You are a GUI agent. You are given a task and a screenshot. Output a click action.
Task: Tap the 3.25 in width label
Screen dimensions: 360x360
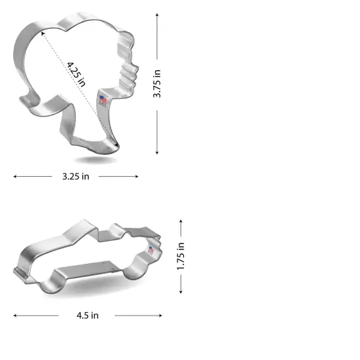tap(76, 176)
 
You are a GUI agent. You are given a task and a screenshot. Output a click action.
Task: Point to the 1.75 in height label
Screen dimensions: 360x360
tap(181, 256)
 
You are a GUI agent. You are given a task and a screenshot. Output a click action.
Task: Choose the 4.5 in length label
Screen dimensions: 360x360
tap(87, 315)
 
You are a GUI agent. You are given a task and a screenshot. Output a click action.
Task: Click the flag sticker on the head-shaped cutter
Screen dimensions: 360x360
tap(103, 100)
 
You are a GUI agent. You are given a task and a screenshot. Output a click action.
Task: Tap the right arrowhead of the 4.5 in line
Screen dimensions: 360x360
tap(160, 315)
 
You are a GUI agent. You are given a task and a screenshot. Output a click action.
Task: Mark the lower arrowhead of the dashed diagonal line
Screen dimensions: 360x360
tap(117, 145)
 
